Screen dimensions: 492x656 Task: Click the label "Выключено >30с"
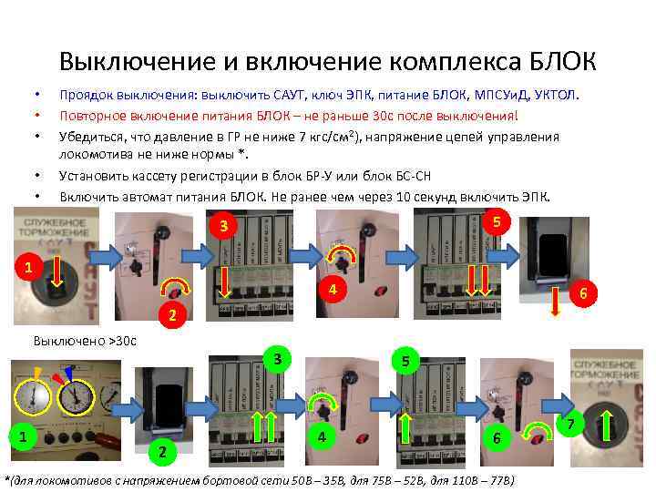click(84, 341)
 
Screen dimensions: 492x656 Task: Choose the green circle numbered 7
click(571, 425)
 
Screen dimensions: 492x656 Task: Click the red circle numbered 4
click(334, 290)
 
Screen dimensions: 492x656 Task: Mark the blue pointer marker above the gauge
click(71, 370)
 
